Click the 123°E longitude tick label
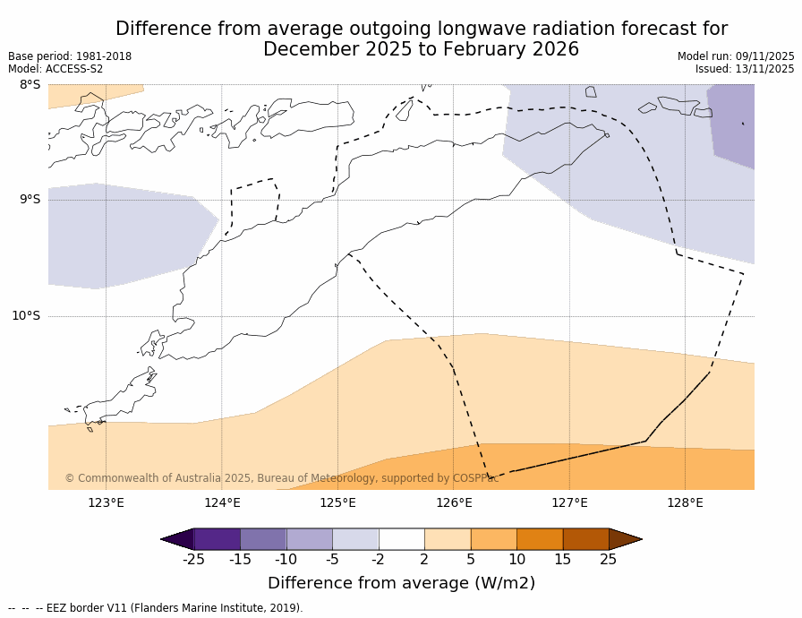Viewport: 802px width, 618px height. point(106,502)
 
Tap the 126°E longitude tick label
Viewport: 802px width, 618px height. point(454,502)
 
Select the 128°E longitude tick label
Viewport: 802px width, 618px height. point(685,502)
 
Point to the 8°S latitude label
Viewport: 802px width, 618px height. point(30,85)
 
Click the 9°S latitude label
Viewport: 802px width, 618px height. point(30,200)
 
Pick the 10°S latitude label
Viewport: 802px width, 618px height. point(26,315)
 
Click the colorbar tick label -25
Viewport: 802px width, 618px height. point(193,560)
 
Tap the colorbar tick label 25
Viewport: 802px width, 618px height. point(609,560)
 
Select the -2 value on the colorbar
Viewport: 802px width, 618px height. point(379,560)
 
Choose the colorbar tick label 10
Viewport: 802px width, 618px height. point(516,560)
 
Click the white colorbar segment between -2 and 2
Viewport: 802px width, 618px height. point(401,538)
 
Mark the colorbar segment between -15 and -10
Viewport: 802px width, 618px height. point(263,538)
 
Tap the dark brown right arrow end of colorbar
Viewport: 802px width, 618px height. point(624,538)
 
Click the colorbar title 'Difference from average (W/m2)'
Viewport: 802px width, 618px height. point(401,583)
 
